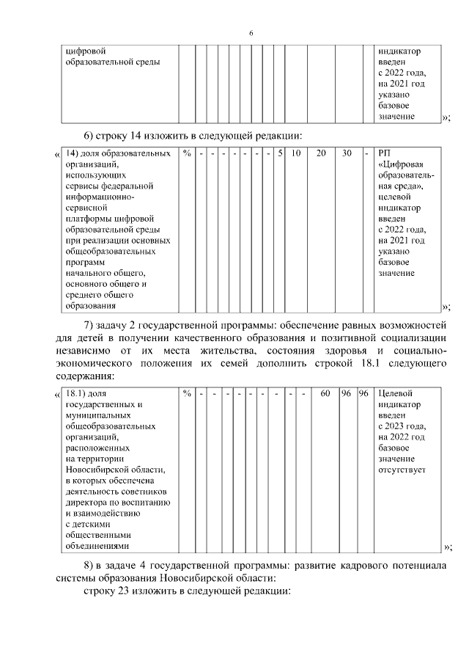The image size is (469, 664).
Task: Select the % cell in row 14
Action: [187, 153]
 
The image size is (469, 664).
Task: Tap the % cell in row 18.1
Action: [187, 394]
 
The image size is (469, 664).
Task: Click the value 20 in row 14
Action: [321, 153]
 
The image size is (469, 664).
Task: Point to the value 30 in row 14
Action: [346, 153]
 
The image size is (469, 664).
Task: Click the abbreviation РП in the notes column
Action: [385, 153]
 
